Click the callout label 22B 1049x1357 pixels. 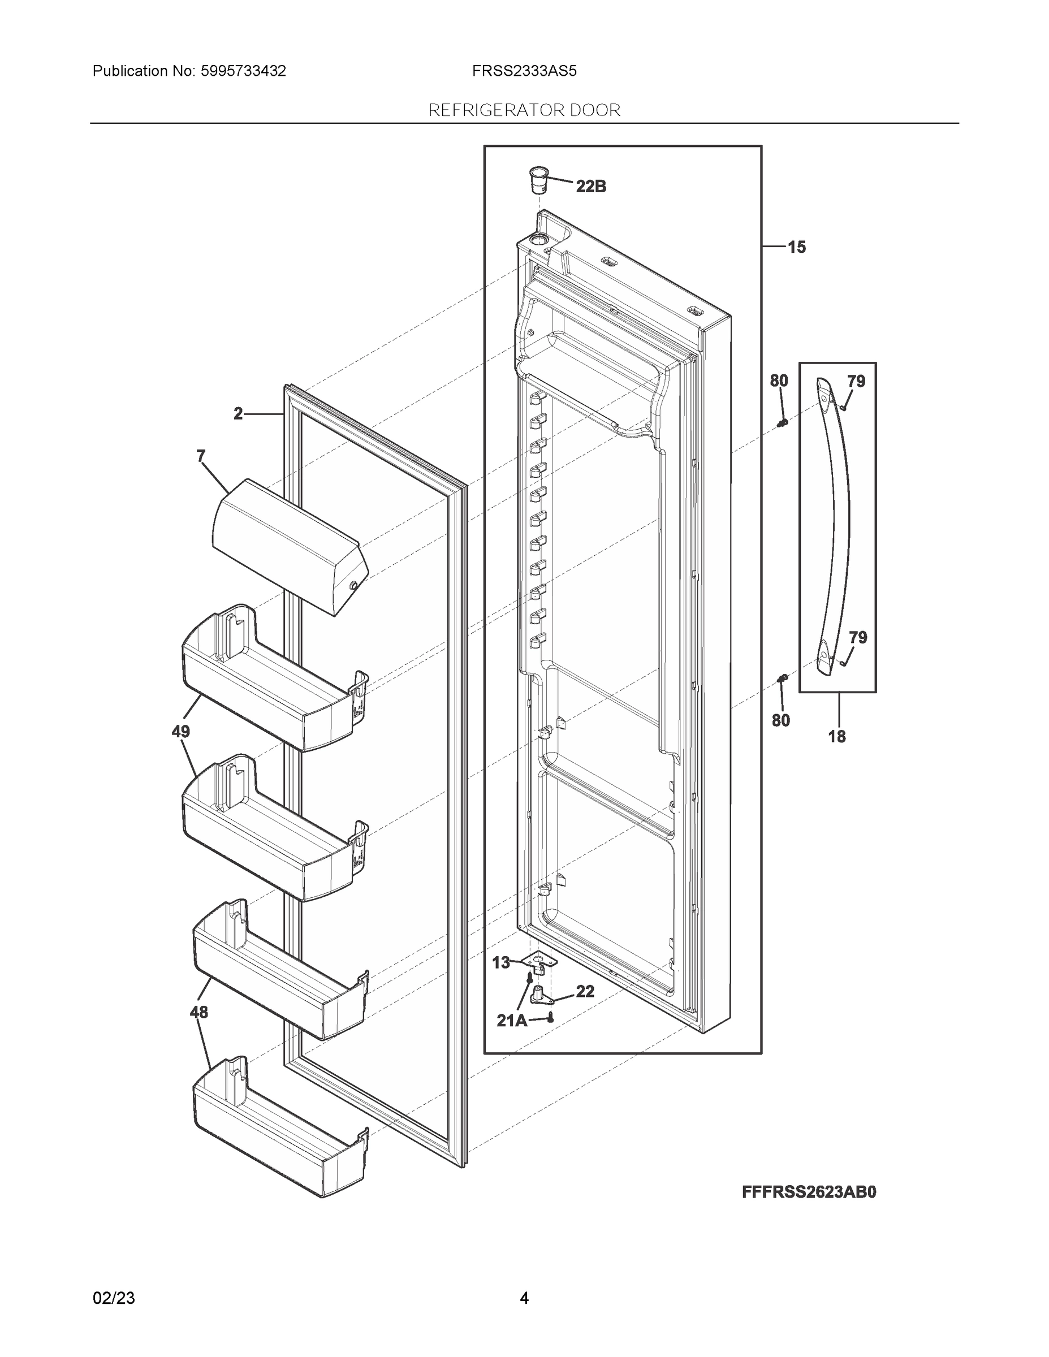coord(590,186)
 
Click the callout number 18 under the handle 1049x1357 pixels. coord(836,737)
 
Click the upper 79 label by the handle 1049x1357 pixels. coord(856,382)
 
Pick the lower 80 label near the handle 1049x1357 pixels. coord(780,720)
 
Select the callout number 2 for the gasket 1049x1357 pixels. coord(238,414)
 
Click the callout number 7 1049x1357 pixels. coord(201,457)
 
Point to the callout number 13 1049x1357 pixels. coord(501,962)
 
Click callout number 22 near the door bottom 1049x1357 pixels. coord(585,991)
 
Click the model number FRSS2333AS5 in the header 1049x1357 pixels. coord(524,71)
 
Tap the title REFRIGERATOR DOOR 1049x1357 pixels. coord(524,110)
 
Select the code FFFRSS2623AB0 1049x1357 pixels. coord(809,1192)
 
